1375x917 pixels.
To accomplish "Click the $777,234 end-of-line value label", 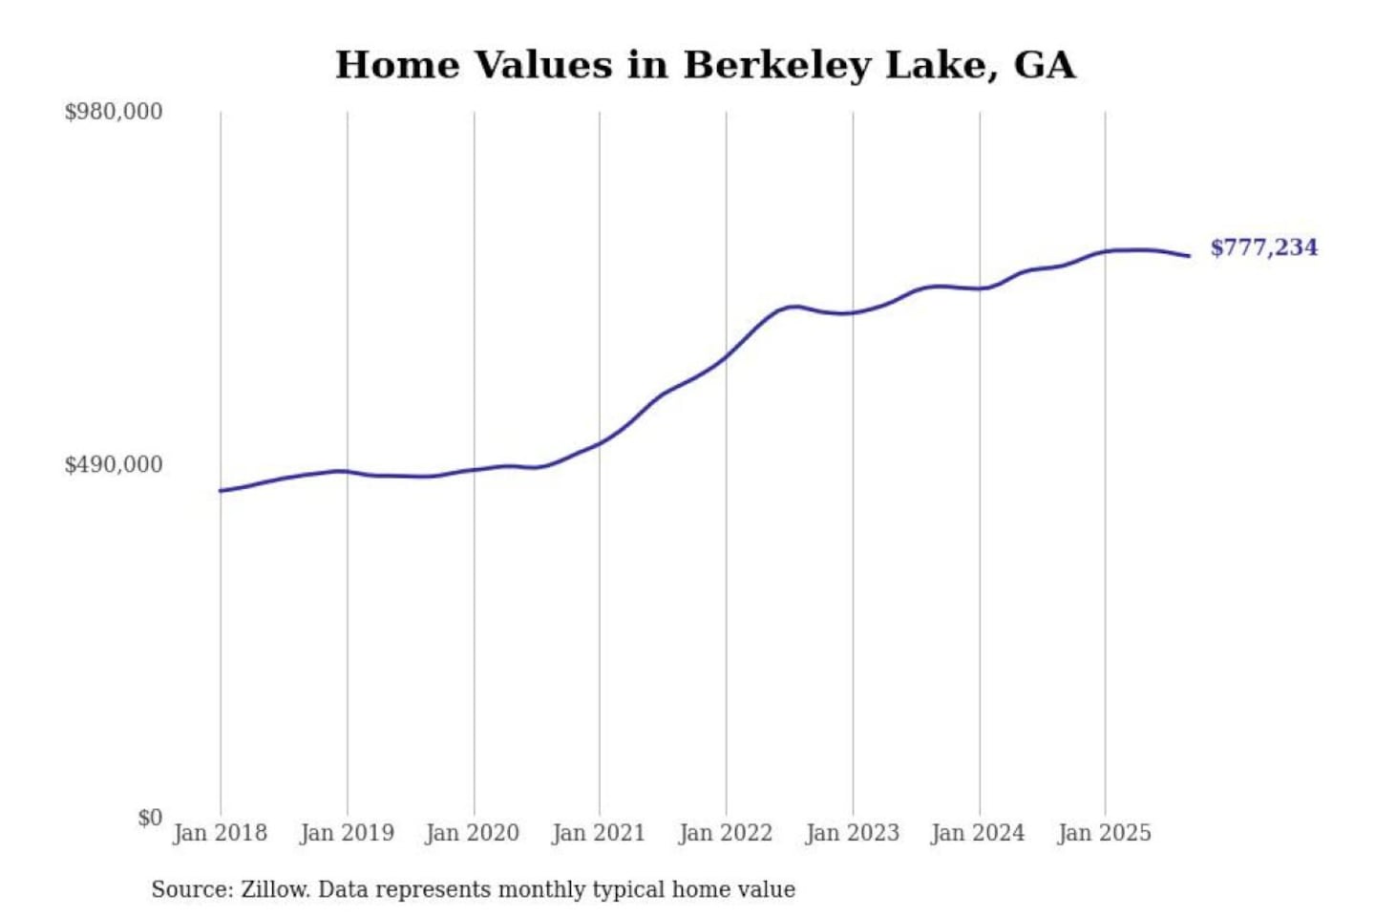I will point(1263,247).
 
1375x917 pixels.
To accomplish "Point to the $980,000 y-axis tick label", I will point(114,112).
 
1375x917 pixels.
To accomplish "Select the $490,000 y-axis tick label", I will point(114,464).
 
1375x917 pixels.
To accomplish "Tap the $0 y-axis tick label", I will point(149,818).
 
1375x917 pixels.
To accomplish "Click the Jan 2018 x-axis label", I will point(220,833).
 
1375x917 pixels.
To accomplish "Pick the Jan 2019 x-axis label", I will point(347,833).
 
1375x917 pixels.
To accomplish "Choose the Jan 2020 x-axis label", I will point(473,833).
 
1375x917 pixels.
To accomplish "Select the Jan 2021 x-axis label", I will point(599,833).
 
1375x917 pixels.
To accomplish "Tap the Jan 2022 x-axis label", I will point(726,833).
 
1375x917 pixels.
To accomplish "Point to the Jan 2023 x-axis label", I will point(853,833).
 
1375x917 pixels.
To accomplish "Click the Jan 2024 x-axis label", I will point(978,833).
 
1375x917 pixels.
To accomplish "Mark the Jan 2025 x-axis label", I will point(1105,833).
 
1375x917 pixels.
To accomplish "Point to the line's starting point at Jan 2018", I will point(221,491).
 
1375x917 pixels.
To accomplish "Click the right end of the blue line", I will point(1189,256).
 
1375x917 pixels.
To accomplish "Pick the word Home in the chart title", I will point(397,65).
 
